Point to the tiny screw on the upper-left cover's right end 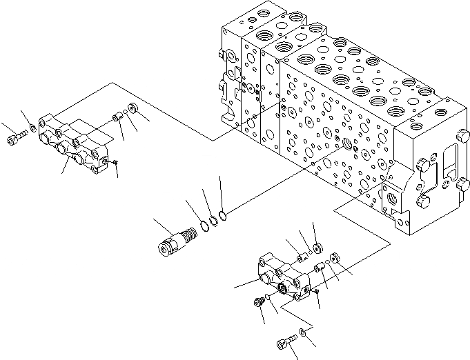point(115,162)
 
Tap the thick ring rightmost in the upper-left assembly point(133,109)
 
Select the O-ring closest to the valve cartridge point(206,225)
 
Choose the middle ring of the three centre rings point(215,220)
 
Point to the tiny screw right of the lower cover point(316,292)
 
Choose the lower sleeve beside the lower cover point(320,268)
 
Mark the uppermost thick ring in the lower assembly point(317,247)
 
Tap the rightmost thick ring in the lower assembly point(334,259)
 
